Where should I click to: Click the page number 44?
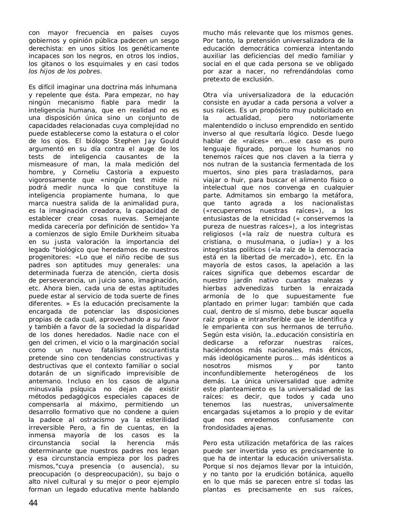pyautogui.click(x=33, y=503)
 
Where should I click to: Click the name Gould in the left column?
pyautogui.click(x=168, y=141)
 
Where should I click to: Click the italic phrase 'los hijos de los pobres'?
pyautogui.click(x=64, y=71)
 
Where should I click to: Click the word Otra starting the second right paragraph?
pyautogui.click(x=210, y=95)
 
